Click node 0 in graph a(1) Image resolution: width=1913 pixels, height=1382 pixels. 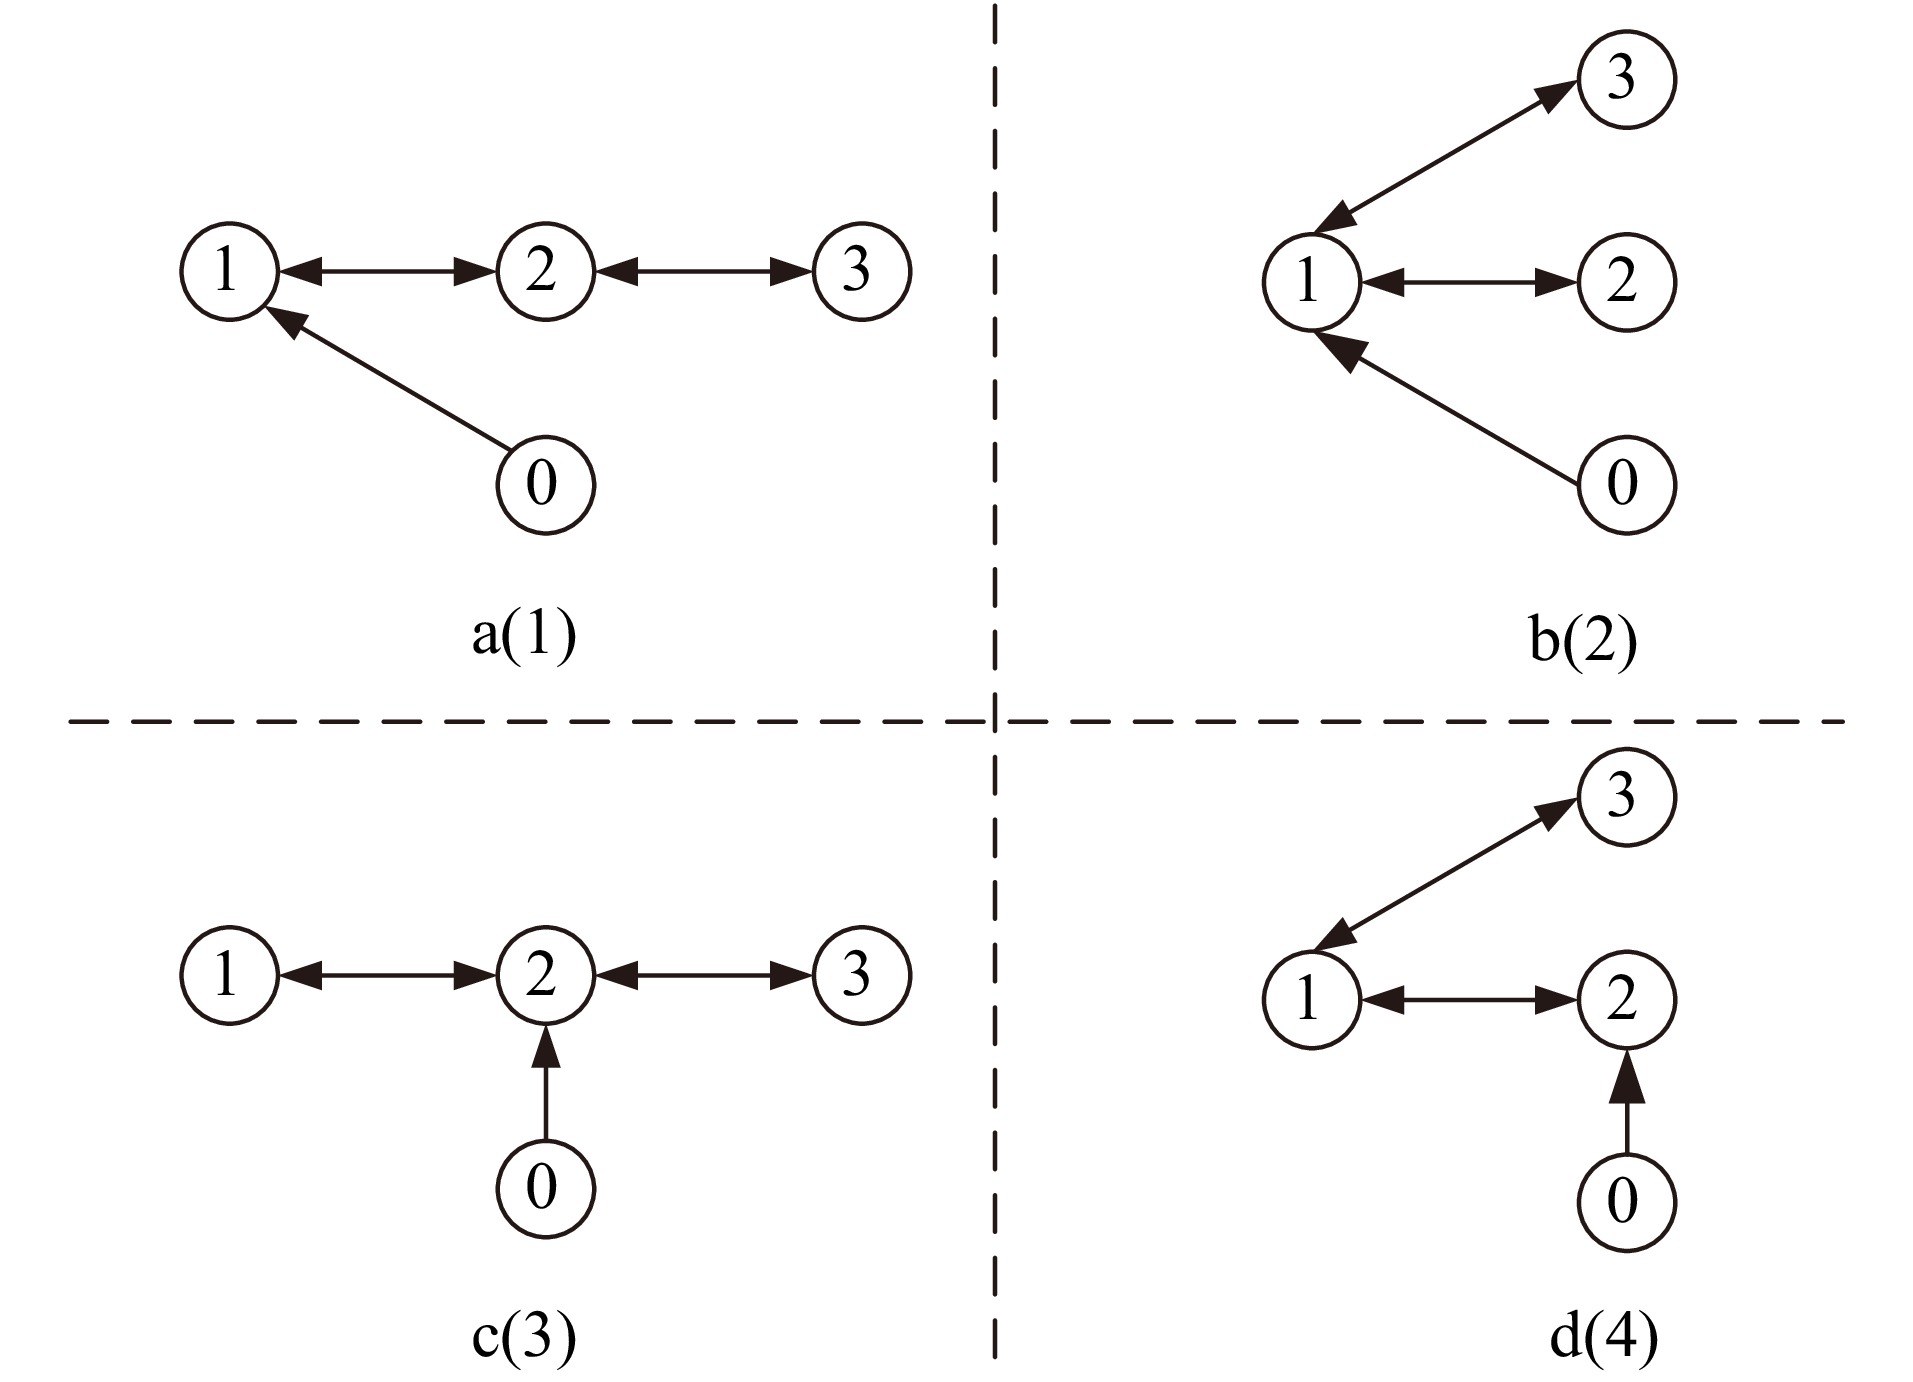point(545,485)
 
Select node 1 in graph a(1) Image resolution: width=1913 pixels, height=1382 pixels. point(229,272)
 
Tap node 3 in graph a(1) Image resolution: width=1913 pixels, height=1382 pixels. point(861,272)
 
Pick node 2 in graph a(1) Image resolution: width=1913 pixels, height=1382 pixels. point(545,272)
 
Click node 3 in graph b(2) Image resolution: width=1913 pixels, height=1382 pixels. point(1625,80)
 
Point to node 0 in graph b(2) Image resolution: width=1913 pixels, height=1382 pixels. point(1625,485)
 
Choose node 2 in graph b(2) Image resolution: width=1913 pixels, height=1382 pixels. point(1625,283)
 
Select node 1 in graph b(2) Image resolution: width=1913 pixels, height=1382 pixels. point(1310,283)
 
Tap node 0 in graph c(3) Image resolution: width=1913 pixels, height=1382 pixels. point(545,1189)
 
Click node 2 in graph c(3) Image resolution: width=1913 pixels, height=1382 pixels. point(545,976)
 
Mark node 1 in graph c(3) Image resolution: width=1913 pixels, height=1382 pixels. point(229,976)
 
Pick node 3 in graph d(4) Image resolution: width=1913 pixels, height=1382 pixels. point(1625,798)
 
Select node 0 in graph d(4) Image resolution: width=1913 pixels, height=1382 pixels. point(1625,1202)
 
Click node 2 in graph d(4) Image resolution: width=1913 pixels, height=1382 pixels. point(1625,1000)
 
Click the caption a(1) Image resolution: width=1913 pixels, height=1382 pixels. point(524,636)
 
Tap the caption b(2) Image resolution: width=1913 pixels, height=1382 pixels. point(1583,641)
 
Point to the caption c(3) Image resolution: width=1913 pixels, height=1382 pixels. point(524,1338)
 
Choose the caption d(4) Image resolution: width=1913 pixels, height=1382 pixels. point(1603,1338)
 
